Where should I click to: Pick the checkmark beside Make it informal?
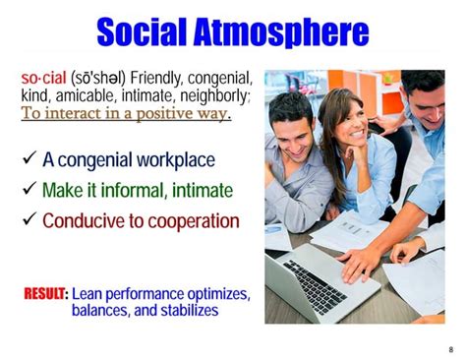[x=29, y=190]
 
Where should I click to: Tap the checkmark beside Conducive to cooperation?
[x=29, y=219]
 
